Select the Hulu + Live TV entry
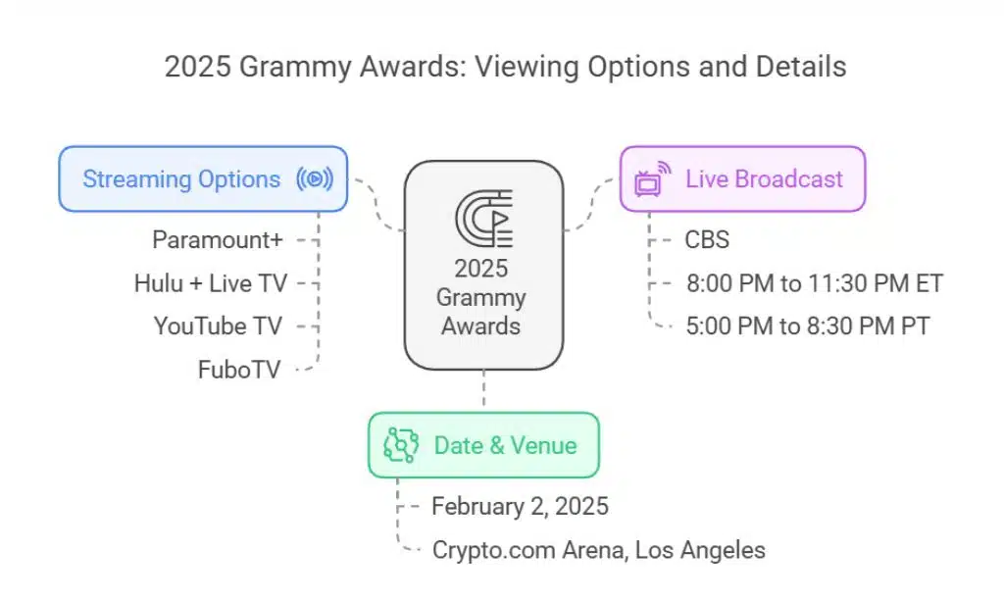211,283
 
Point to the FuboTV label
239,369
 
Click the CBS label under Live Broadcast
707,240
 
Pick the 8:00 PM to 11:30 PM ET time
814,283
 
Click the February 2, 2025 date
520,506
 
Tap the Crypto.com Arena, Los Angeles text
598,549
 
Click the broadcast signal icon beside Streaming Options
314,179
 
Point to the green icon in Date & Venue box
400,446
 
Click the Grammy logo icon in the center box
483,218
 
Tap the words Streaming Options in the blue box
181,179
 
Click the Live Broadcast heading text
764,179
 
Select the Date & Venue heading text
505,445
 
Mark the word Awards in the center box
482,325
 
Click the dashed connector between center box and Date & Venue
482,391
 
